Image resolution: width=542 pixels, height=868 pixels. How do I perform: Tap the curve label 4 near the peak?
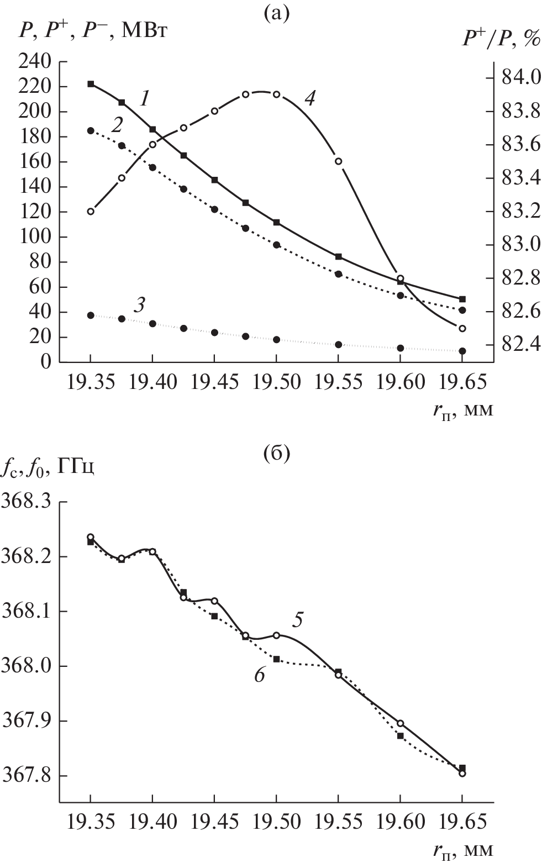310,99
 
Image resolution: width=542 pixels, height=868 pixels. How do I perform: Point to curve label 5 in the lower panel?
297,620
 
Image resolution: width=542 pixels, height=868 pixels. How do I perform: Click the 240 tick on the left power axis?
35,62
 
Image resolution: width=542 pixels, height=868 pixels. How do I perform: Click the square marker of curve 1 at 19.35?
91,84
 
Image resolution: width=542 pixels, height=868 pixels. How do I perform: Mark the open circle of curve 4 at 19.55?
339,161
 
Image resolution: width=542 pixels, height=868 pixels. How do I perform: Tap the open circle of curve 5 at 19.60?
401,723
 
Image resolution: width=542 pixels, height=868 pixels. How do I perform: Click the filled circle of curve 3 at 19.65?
462,351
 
